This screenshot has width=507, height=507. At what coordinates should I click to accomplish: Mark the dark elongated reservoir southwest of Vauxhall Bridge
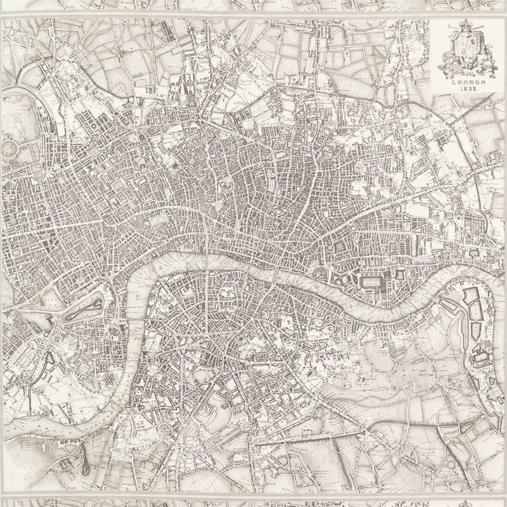point(83,453)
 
